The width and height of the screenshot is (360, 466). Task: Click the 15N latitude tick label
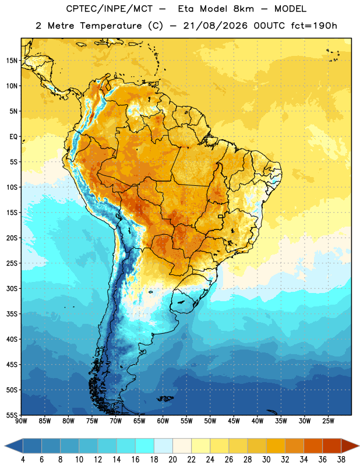(x=12, y=61)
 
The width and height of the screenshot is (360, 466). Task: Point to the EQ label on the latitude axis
(x=13, y=137)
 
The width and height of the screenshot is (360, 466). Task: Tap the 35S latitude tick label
(x=12, y=314)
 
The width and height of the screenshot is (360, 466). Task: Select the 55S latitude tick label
(x=12, y=415)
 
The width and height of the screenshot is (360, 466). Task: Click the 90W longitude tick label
(x=21, y=421)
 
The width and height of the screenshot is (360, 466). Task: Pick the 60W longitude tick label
(x=163, y=421)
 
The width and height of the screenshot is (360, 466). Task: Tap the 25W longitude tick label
(x=328, y=421)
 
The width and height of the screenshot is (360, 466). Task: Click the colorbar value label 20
(x=172, y=460)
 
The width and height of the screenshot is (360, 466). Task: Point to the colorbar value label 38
(x=341, y=460)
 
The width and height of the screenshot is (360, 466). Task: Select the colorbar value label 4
(x=23, y=460)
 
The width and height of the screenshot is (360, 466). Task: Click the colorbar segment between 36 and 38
(x=332, y=446)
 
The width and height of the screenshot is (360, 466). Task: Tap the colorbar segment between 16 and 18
(x=144, y=446)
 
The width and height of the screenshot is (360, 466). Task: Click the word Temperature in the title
(x=111, y=26)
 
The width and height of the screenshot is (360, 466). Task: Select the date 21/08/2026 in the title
(x=215, y=26)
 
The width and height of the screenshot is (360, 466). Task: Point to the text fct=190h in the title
(x=314, y=26)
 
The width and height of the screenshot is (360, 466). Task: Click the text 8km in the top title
(x=243, y=9)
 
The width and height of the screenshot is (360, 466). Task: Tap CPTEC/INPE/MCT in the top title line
(x=110, y=9)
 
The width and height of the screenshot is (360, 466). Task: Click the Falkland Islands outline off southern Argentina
(x=165, y=398)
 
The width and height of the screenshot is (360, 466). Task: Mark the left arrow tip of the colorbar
(x=5, y=446)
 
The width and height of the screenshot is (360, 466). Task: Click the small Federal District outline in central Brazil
(x=221, y=216)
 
